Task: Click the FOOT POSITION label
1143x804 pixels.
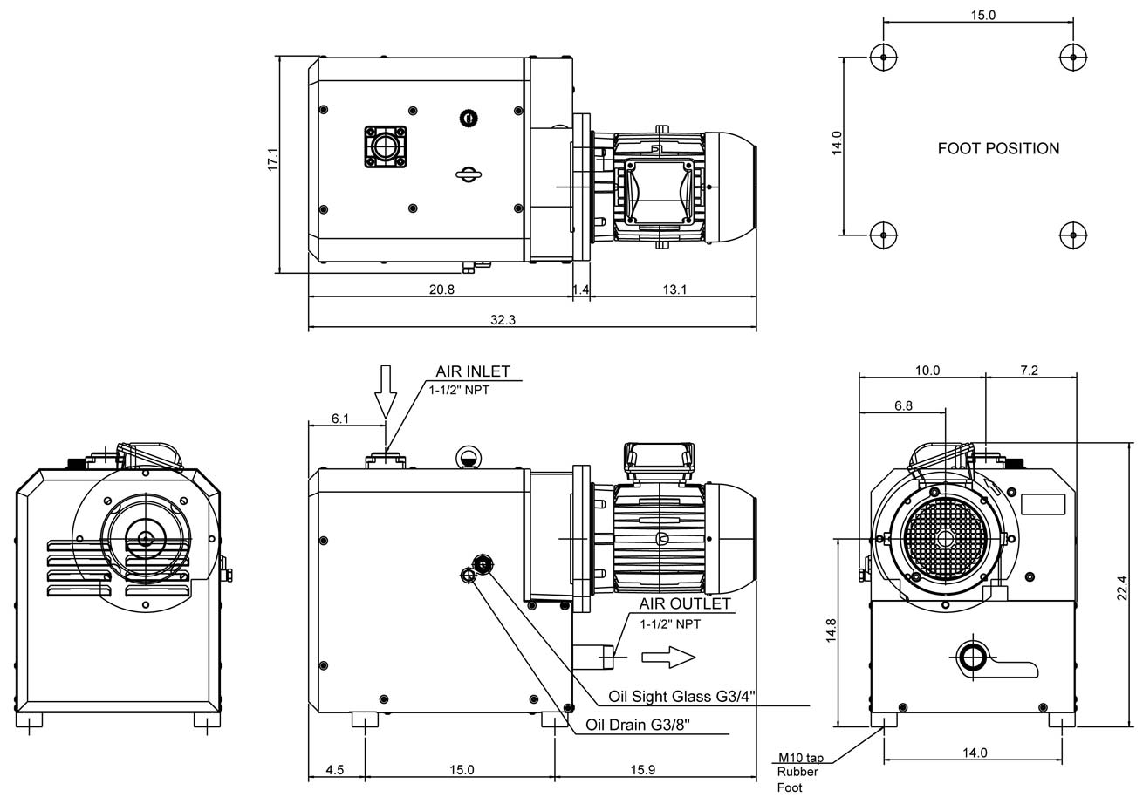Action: [998, 148]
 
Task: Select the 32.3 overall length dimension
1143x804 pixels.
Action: [503, 320]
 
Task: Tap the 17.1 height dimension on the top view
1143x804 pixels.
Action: [272, 160]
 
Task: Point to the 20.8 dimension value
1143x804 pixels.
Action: [441, 290]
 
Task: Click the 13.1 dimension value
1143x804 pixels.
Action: [674, 290]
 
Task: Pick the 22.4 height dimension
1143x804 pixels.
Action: [1122, 587]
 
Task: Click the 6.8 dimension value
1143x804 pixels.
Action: [903, 405]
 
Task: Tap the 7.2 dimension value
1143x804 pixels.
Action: [1029, 371]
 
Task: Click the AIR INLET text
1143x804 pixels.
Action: [473, 371]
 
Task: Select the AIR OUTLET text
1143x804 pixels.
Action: [685, 603]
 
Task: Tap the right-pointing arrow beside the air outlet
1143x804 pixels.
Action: [668, 658]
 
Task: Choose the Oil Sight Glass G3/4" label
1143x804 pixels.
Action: [682, 696]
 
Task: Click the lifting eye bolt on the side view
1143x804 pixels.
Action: [468, 456]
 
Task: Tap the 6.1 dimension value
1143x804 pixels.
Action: [340, 419]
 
